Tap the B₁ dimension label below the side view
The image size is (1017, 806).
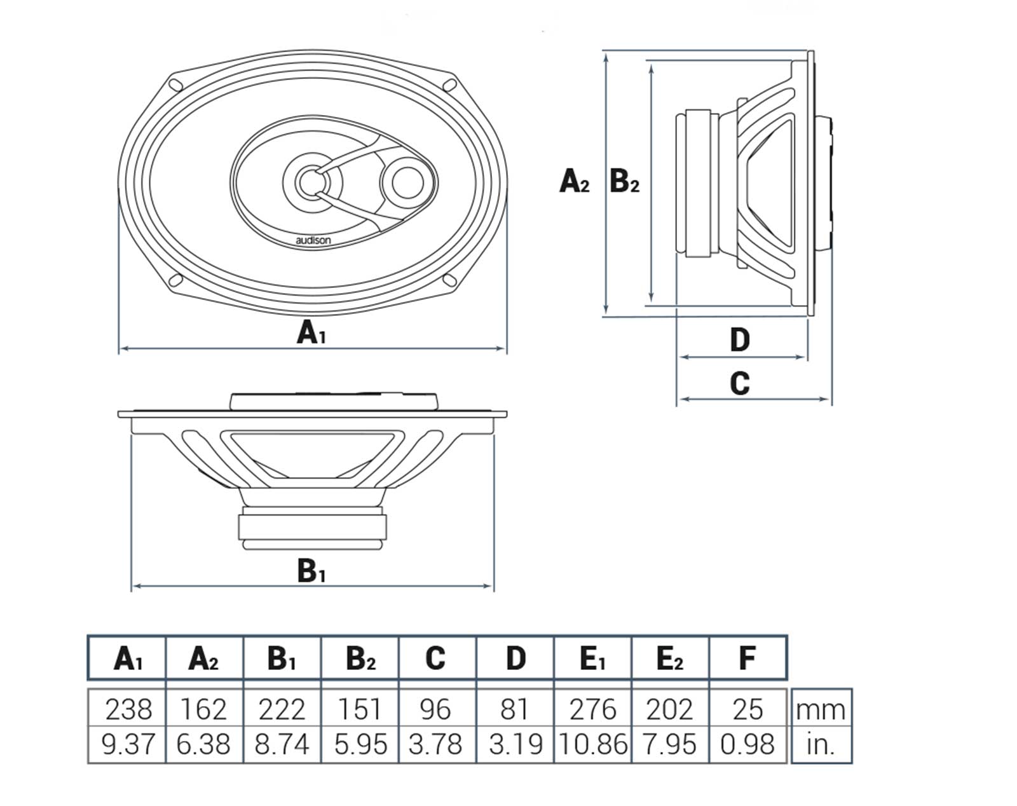[311, 571]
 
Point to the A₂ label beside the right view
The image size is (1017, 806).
[574, 181]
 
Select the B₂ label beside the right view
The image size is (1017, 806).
[624, 181]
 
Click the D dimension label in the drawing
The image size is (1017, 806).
[739, 340]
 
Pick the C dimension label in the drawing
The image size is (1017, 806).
[739, 383]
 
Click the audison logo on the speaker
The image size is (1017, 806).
[313, 240]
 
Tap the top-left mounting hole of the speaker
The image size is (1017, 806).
[175, 84]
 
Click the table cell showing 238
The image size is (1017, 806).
[128, 709]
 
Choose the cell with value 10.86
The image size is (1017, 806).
[593, 744]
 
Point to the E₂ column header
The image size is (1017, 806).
[669, 659]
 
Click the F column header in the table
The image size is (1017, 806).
[747, 658]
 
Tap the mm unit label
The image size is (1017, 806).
[821, 709]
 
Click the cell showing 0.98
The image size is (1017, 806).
[747, 744]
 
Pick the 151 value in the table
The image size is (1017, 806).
[360, 709]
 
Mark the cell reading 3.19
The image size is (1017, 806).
[515, 744]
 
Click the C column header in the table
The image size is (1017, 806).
[435, 658]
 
